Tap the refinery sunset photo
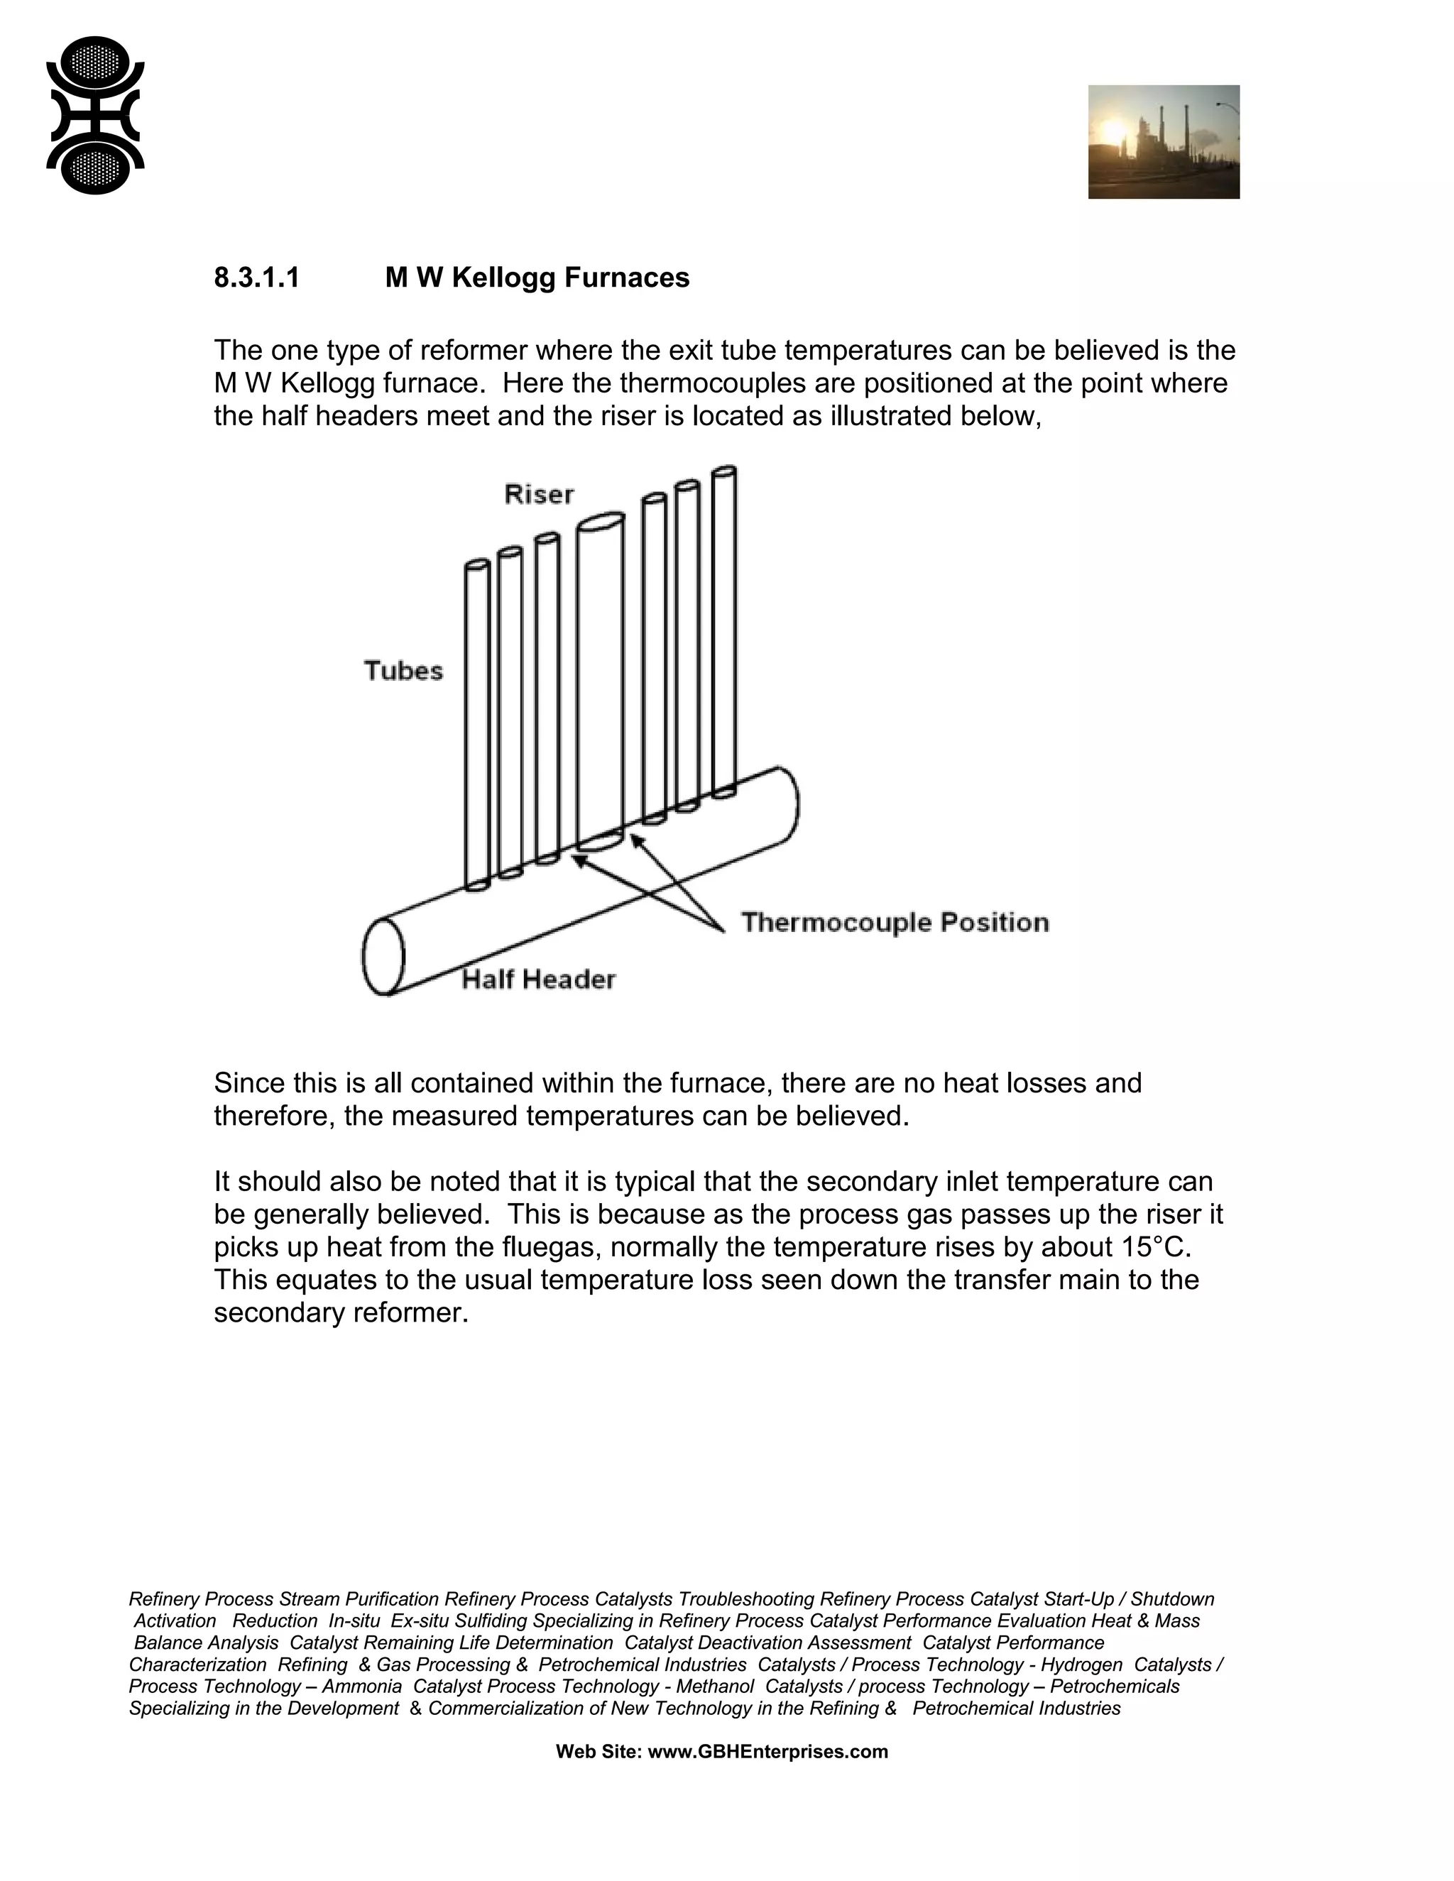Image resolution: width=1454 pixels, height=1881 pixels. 1163,141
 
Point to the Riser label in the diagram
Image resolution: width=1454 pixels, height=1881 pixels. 538,494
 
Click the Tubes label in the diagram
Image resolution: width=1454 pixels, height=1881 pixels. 403,671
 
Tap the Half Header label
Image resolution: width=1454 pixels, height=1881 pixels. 538,980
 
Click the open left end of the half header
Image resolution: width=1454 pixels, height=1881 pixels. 383,957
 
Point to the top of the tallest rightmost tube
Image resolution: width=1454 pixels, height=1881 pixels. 724,472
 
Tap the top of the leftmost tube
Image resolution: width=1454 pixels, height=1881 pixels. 477,565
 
